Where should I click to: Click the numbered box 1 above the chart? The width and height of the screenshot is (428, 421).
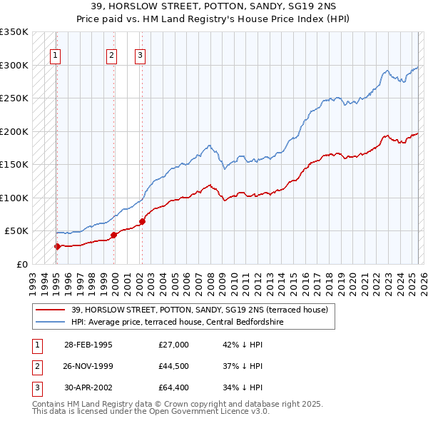pos(55,55)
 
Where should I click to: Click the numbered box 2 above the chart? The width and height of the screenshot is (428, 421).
pos(112,55)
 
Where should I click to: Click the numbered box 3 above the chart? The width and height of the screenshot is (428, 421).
pos(141,55)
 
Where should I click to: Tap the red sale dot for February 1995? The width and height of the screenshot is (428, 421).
pos(57,246)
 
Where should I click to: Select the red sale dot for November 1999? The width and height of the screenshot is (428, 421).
pos(113,235)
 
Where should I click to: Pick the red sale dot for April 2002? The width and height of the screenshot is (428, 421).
pos(142,221)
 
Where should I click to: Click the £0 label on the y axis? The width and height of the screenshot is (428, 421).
pos(22,264)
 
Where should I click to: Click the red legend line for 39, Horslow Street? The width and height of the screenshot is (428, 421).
pos(51,310)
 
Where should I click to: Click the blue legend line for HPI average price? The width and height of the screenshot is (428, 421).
pos(51,322)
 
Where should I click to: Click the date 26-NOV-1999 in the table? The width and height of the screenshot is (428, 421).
pos(88,366)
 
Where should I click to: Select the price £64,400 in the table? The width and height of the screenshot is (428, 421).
pos(173,387)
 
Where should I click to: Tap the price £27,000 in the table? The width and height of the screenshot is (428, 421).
pos(173,345)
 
